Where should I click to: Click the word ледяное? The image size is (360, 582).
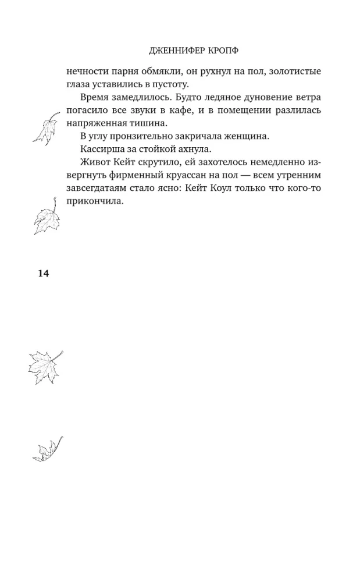coord(202,97)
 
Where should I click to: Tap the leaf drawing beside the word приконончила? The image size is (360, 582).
coord(47,217)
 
